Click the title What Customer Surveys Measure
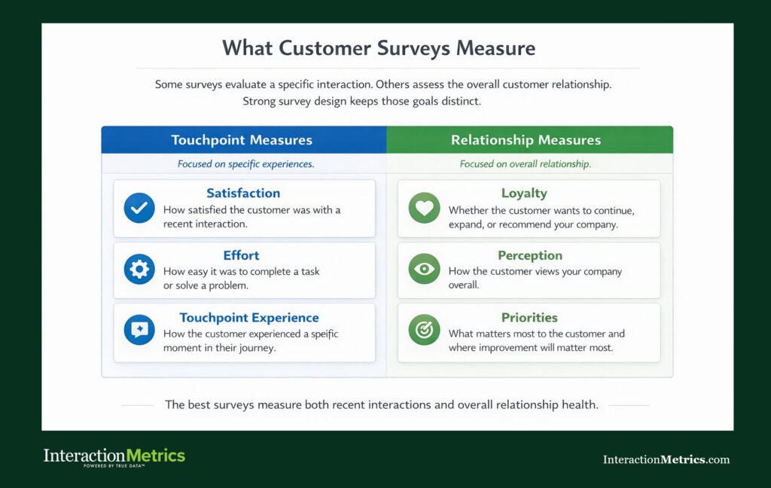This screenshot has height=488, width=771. tap(379, 48)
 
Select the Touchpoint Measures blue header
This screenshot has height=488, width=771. tap(242, 140)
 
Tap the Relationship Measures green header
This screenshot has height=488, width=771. tap(526, 140)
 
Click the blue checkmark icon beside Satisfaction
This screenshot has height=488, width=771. tap(139, 208)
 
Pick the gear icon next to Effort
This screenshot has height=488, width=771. tap(139, 270)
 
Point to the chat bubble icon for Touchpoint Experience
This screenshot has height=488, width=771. tap(139, 331)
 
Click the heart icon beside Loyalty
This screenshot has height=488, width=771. tap(424, 208)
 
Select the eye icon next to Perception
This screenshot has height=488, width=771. tap(424, 270)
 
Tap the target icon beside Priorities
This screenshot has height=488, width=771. tap(424, 331)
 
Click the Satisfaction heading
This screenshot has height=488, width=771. tap(243, 194)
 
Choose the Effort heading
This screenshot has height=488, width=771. tap(242, 255)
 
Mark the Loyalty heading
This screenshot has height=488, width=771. tap(524, 194)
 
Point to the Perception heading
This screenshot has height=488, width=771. tap(530, 255)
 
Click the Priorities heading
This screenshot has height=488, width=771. tap(529, 317)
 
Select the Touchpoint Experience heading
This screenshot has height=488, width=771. tap(249, 317)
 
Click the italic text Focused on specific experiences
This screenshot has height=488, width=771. tap(245, 163)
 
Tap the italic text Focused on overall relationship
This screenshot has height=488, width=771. tap(526, 163)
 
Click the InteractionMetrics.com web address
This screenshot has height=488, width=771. tap(666, 459)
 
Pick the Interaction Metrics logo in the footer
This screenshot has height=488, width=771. tap(114, 456)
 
